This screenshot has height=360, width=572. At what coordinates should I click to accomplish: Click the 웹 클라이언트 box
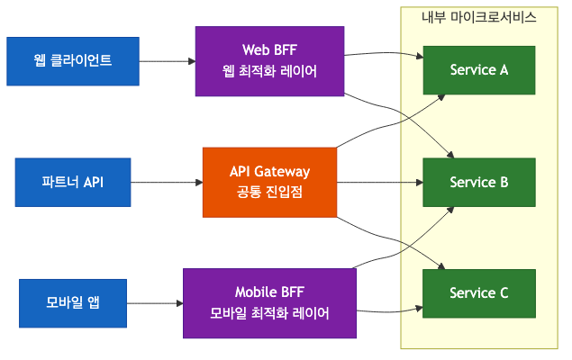tap(73, 61)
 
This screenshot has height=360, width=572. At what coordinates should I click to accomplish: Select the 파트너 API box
tap(73, 182)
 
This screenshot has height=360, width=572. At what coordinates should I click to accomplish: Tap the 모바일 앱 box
tap(73, 302)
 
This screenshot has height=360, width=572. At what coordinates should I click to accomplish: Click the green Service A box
tap(479, 69)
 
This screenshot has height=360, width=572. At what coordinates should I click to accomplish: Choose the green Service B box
tap(479, 182)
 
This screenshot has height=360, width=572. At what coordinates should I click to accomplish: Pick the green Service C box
tap(479, 292)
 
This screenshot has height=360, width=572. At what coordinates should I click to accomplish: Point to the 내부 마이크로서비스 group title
tap(479, 17)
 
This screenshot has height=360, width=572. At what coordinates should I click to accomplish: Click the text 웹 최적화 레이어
tap(270, 71)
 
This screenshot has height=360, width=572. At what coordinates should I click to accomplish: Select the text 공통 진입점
tap(270, 192)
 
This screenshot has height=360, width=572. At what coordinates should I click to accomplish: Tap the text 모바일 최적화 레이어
tap(270, 313)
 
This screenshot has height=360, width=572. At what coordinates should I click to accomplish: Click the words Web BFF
tap(270, 49)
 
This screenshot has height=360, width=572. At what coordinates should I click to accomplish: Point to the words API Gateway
tap(270, 171)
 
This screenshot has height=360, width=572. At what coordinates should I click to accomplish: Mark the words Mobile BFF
tap(270, 292)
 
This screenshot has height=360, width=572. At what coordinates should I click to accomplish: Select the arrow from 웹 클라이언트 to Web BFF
tap(168, 61)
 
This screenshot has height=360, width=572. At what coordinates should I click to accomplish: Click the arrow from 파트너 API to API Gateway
tap(167, 182)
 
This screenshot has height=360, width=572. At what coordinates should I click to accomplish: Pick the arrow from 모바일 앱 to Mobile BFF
tap(154, 302)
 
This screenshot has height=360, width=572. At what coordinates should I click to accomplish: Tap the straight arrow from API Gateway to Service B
tap(378, 182)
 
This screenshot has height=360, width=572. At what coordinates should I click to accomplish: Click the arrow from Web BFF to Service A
tap(383, 54)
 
